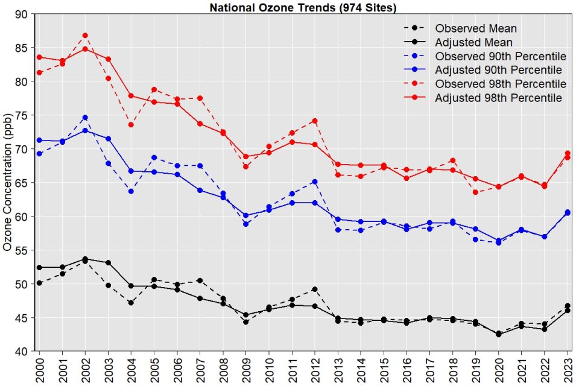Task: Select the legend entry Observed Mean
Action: pyautogui.click(x=476, y=28)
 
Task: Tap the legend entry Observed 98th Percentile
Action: pyautogui.click(x=501, y=84)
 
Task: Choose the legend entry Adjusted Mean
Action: pyautogui.click(x=474, y=42)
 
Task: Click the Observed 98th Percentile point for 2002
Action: pyautogui.click(x=85, y=36)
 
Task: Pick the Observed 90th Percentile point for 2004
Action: pyautogui.click(x=131, y=191)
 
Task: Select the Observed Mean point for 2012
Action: pyautogui.click(x=314, y=289)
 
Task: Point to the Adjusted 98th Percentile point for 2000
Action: pyautogui.click(x=39, y=57)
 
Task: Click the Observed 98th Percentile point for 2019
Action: pyautogui.click(x=475, y=192)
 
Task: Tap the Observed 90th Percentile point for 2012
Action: pyautogui.click(x=314, y=182)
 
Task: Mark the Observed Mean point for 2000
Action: pyautogui.click(x=39, y=283)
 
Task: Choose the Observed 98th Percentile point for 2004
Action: pyautogui.click(x=131, y=125)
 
